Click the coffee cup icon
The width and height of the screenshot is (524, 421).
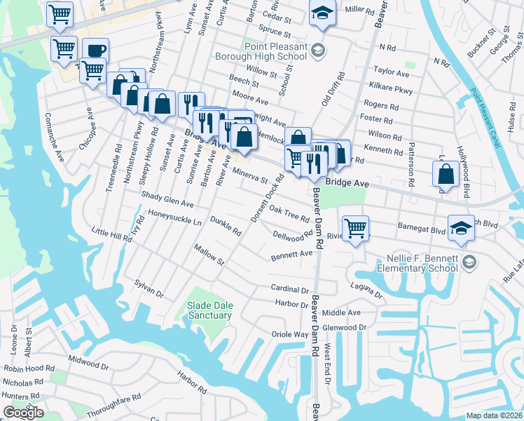point(95,51)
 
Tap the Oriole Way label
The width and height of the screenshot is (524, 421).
point(291,335)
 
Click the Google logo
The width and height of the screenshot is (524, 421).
point(23,412)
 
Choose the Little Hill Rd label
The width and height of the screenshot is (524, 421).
point(112,234)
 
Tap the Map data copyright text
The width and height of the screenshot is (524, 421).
point(494,415)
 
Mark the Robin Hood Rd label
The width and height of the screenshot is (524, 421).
point(29,368)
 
